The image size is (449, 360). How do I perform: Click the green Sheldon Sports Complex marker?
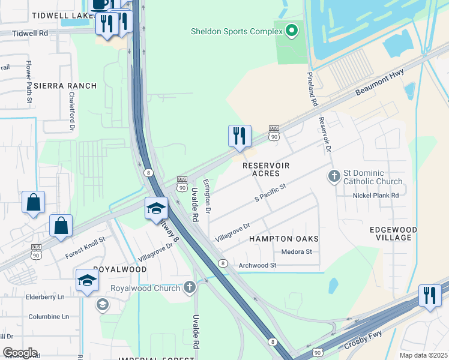coord(292,31)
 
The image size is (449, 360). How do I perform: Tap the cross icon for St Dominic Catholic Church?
coord(334,176)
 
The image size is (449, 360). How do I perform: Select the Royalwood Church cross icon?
coord(190,288)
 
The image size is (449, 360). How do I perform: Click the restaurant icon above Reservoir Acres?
coord(240,136)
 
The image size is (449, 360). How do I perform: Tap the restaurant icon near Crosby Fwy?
coord(430,296)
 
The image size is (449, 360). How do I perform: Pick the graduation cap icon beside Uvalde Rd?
coord(156,208)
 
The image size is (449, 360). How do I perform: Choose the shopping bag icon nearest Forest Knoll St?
coord(61,226)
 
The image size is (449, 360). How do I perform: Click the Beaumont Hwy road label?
coord(381,82)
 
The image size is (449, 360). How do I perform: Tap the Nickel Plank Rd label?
coord(376,196)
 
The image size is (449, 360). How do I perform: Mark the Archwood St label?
coord(257,265)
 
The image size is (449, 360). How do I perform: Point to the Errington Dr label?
coord(207,196)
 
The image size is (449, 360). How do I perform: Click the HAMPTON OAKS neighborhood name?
coord(283,239)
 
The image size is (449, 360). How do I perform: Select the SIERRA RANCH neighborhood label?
coord(65,86)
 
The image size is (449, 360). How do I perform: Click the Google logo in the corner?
coord(20,353)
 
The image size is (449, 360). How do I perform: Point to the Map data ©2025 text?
coord(423,355)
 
